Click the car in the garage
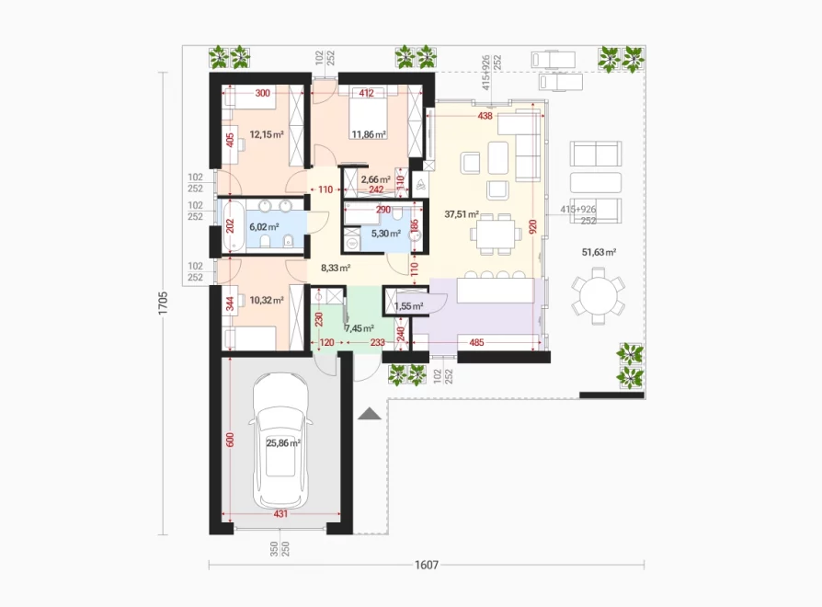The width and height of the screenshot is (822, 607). [280, 441]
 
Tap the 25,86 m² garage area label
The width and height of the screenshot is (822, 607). [283, 443]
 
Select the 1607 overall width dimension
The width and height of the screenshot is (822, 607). [427, 565]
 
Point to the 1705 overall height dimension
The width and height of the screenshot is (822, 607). [163, 303]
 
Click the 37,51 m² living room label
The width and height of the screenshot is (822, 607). [462, 214]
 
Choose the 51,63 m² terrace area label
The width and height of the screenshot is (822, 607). [599, 252]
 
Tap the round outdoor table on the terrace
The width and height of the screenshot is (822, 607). [599, 297]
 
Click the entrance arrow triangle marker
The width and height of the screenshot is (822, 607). [371, 414]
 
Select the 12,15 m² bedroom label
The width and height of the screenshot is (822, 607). [267, 134]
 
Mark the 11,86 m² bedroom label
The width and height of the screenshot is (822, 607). [369, 134]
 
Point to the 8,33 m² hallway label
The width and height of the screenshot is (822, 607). [336, 268]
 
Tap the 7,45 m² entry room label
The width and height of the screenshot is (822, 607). [360, 328]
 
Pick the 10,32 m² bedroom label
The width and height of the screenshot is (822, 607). [267, 301]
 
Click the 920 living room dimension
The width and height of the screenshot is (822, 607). [533, 226]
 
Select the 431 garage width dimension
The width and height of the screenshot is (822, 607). [280, 514]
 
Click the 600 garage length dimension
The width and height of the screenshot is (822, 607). [230, 440]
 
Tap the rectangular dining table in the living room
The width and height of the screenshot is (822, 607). [496, 234]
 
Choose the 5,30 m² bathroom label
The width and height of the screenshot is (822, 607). [386, 234]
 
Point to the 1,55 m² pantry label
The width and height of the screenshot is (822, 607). [409, 306]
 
